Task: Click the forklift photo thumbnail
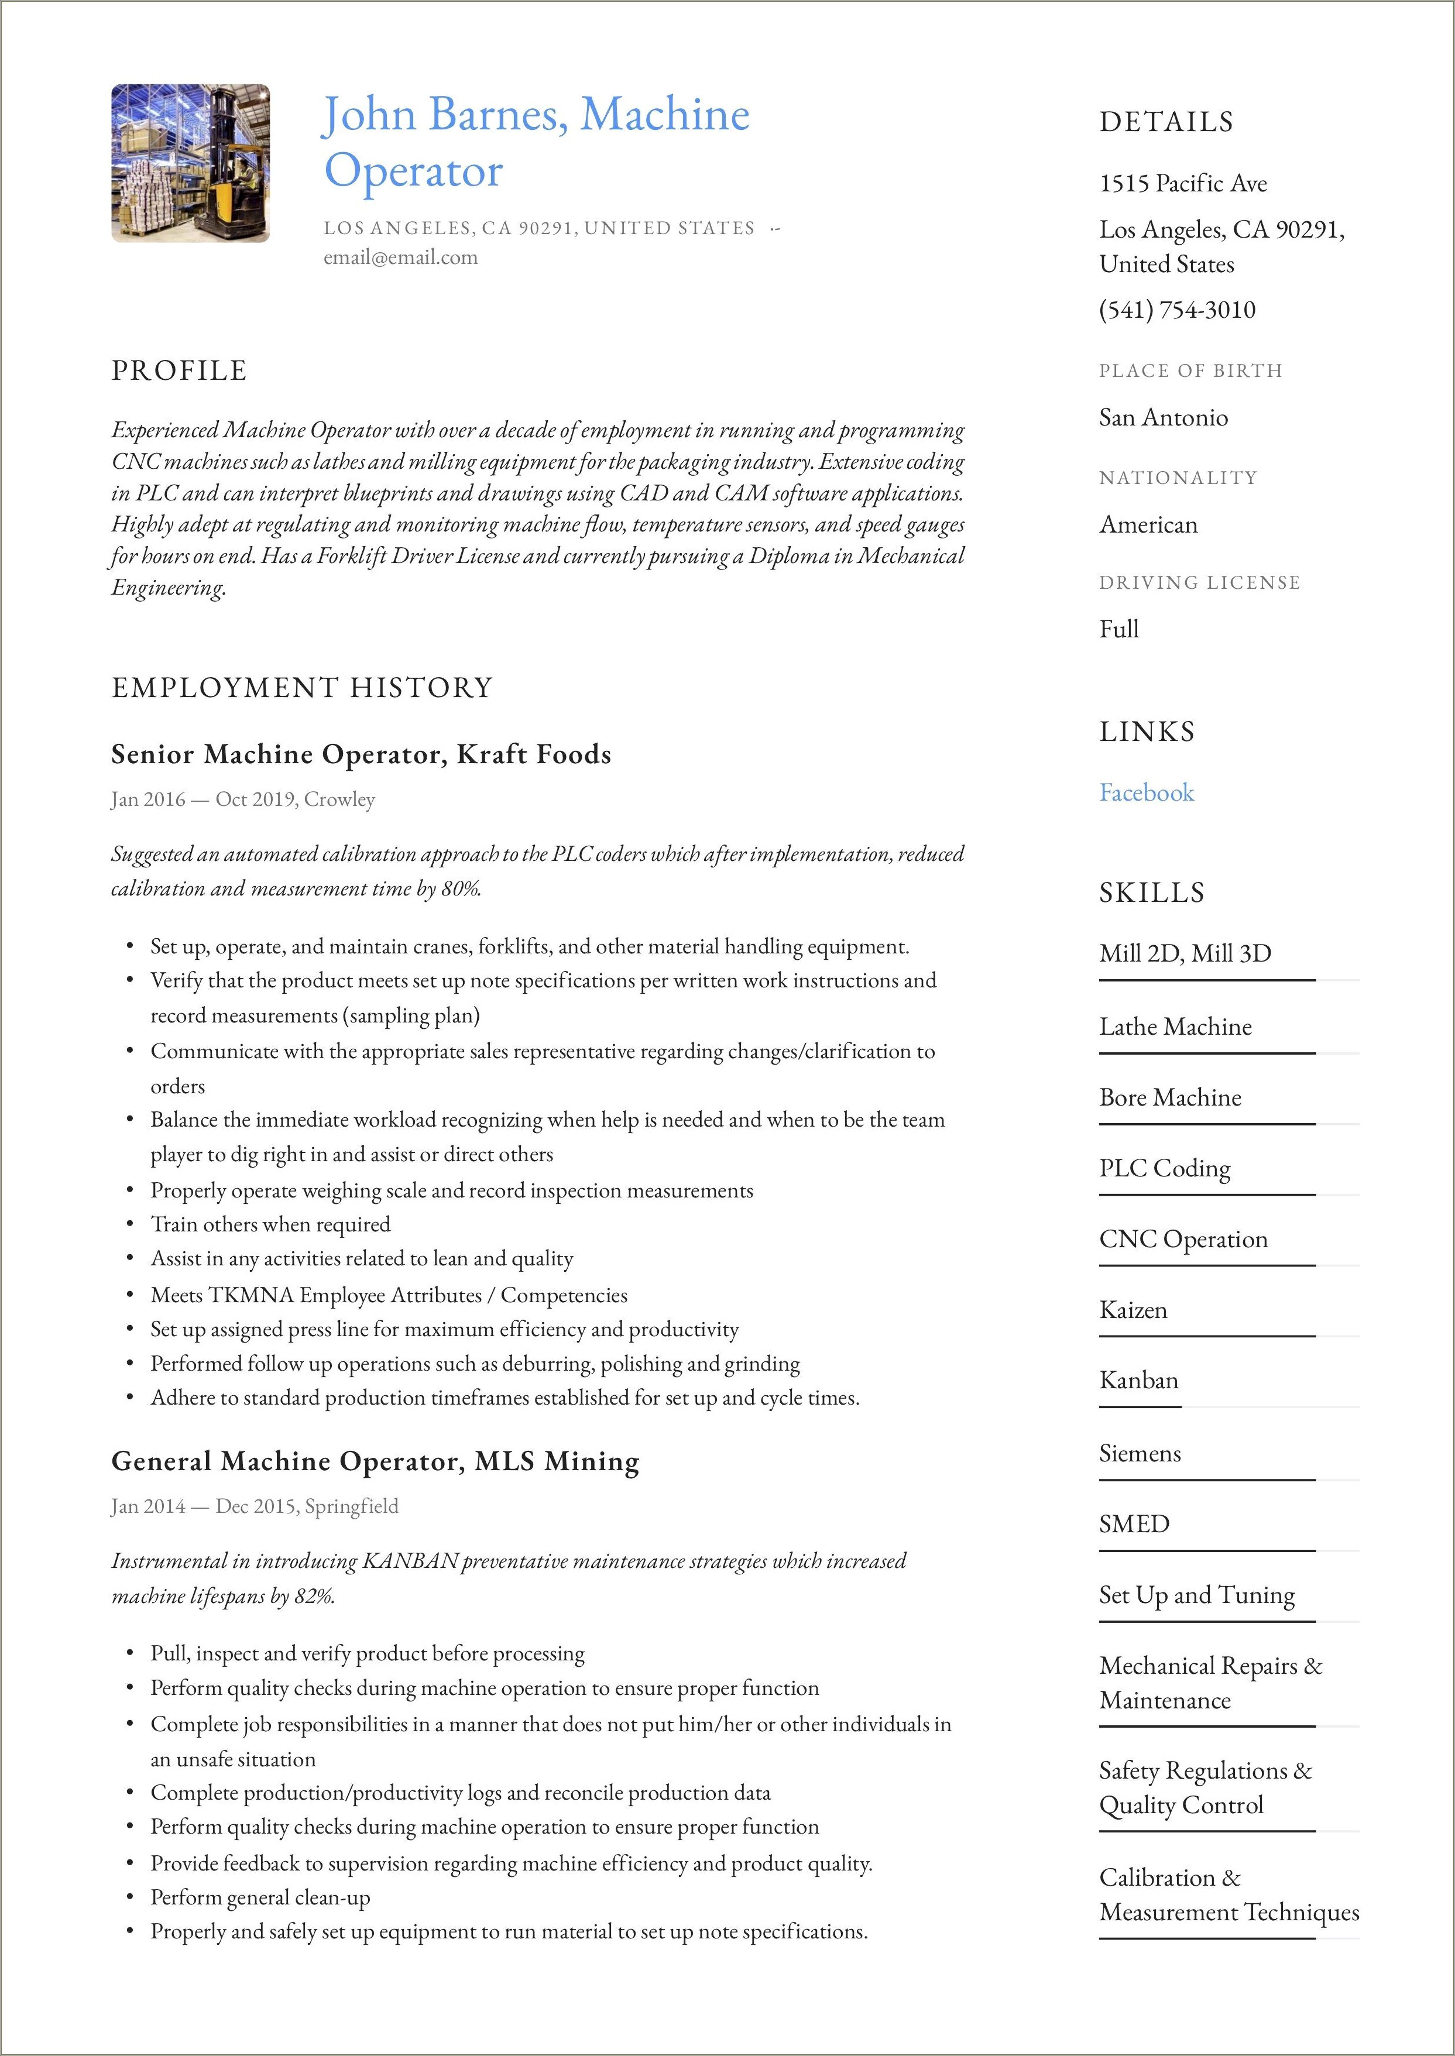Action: pyautogui.click(x=190, y=163)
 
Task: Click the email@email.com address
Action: pyautogui.click(x=400, y=258)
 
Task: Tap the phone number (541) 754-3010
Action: pyautogui.click(x=1177, y=310)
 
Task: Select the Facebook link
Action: pyautogui.click(x=1146, y=793)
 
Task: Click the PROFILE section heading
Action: pyautogui.click(x=179, y=371)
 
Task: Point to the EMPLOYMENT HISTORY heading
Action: pyautogui.click(x=302, y=688)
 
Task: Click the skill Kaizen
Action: pyautogui.click(x=1133, y=1310)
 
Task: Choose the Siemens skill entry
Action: pyautogui.click(x=1140, y=1453)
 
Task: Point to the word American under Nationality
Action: pyautogui.click(x=1148, y=525)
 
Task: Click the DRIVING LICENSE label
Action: pyautogui.click(x=1199, y=583)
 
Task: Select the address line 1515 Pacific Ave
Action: pyautogui.click(x=1183, y=184)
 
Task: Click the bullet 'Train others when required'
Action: pyautogui.click(x=270, y=1224)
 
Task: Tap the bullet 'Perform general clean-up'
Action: pyautogui.click(x=260, y=1897)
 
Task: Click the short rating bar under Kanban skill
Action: pyautogui.click(x=1140, y=1406)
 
